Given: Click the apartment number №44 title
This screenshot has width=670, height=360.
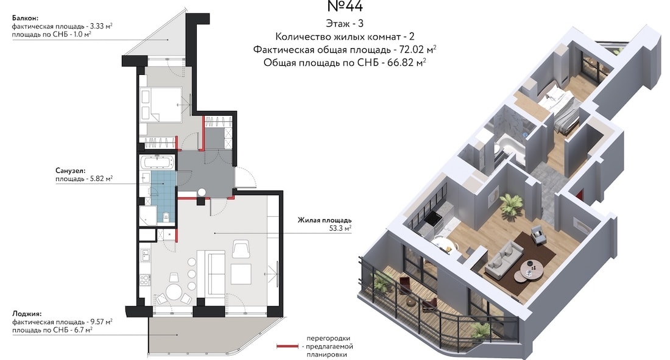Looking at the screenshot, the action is point(345,6).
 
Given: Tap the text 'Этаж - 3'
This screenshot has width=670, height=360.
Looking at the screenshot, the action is point(345,24).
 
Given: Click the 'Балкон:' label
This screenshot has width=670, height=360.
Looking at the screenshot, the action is point(25,18).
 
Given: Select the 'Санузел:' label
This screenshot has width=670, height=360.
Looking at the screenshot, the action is point(71,171).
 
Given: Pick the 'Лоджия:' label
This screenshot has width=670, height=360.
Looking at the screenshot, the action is point(27,313).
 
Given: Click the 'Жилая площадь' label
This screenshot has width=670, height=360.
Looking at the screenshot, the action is point(325,220).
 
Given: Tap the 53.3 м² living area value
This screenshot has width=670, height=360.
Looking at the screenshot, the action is point(340,228).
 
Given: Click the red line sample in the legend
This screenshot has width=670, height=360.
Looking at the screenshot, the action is point(287,346).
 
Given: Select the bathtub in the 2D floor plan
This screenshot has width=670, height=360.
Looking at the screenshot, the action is point(157,163).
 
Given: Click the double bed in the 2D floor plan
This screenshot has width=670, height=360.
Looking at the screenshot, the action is point(161,105).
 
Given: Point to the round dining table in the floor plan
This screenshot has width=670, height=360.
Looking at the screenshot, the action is point(174,292).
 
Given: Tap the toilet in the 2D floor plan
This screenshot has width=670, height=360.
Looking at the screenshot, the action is point(167,217).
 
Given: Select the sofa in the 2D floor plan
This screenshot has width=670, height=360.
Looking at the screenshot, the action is point(216,273).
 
